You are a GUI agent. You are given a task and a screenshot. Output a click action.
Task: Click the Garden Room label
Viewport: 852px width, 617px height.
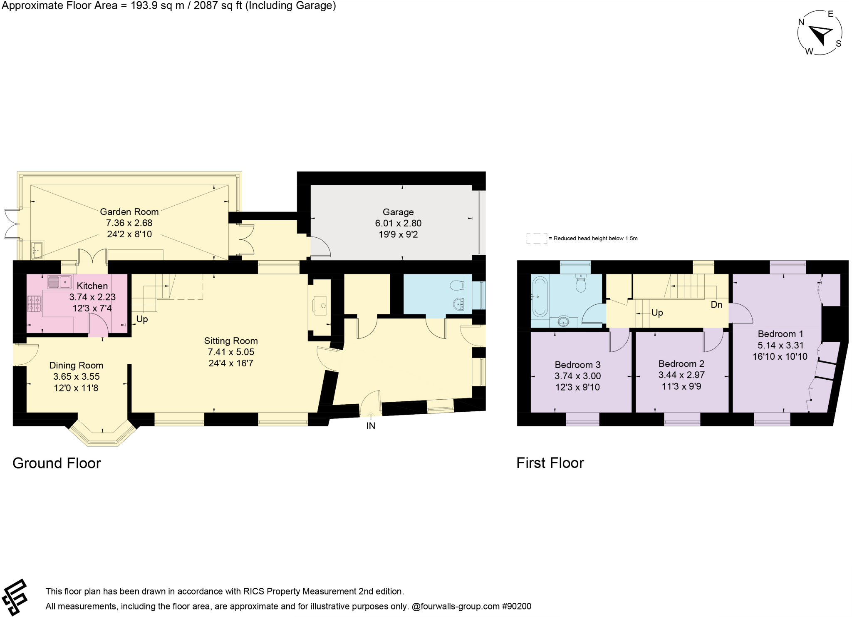(x=129, y=212)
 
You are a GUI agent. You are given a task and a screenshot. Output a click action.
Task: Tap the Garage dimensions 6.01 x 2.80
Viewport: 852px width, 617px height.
(x=398, y=223)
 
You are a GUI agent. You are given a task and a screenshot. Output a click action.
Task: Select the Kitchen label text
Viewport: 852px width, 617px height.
(x=92, y=286)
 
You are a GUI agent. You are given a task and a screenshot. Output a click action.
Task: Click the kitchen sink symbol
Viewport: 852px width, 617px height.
(x=59, y=282)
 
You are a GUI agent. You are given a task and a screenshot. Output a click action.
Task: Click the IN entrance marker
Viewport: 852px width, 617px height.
(x=371, y=425)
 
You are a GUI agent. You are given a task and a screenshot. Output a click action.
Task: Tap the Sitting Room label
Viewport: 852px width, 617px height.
(x=231, y=341)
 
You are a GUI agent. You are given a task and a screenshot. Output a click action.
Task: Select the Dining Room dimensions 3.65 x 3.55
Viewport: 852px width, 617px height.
(x=76, y=376)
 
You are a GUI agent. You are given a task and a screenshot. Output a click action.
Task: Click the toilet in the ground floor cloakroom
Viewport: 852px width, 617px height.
(x=457, y=285)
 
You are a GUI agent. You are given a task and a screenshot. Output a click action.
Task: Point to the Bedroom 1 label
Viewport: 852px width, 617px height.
(x=780, y=333)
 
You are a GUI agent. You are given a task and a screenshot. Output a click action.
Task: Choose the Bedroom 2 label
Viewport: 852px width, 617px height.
(x=681, y=363)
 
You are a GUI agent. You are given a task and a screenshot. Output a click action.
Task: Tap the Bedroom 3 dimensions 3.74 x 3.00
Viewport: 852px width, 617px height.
(x=577, y=376)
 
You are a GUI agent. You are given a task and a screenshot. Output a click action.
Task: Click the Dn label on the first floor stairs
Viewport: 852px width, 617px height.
(x=716, y=305)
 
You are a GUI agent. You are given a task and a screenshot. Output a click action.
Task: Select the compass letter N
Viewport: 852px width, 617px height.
(x=801, y=22)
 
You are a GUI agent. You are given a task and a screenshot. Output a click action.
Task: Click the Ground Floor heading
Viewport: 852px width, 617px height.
(x=57, y=463)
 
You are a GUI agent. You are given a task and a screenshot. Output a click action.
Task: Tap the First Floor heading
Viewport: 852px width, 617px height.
(x=550, y=463)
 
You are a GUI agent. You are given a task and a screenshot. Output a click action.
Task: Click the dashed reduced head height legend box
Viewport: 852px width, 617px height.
(x=537, y=239)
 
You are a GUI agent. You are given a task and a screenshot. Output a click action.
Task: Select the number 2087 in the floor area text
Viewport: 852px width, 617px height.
(x=207, y=6)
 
